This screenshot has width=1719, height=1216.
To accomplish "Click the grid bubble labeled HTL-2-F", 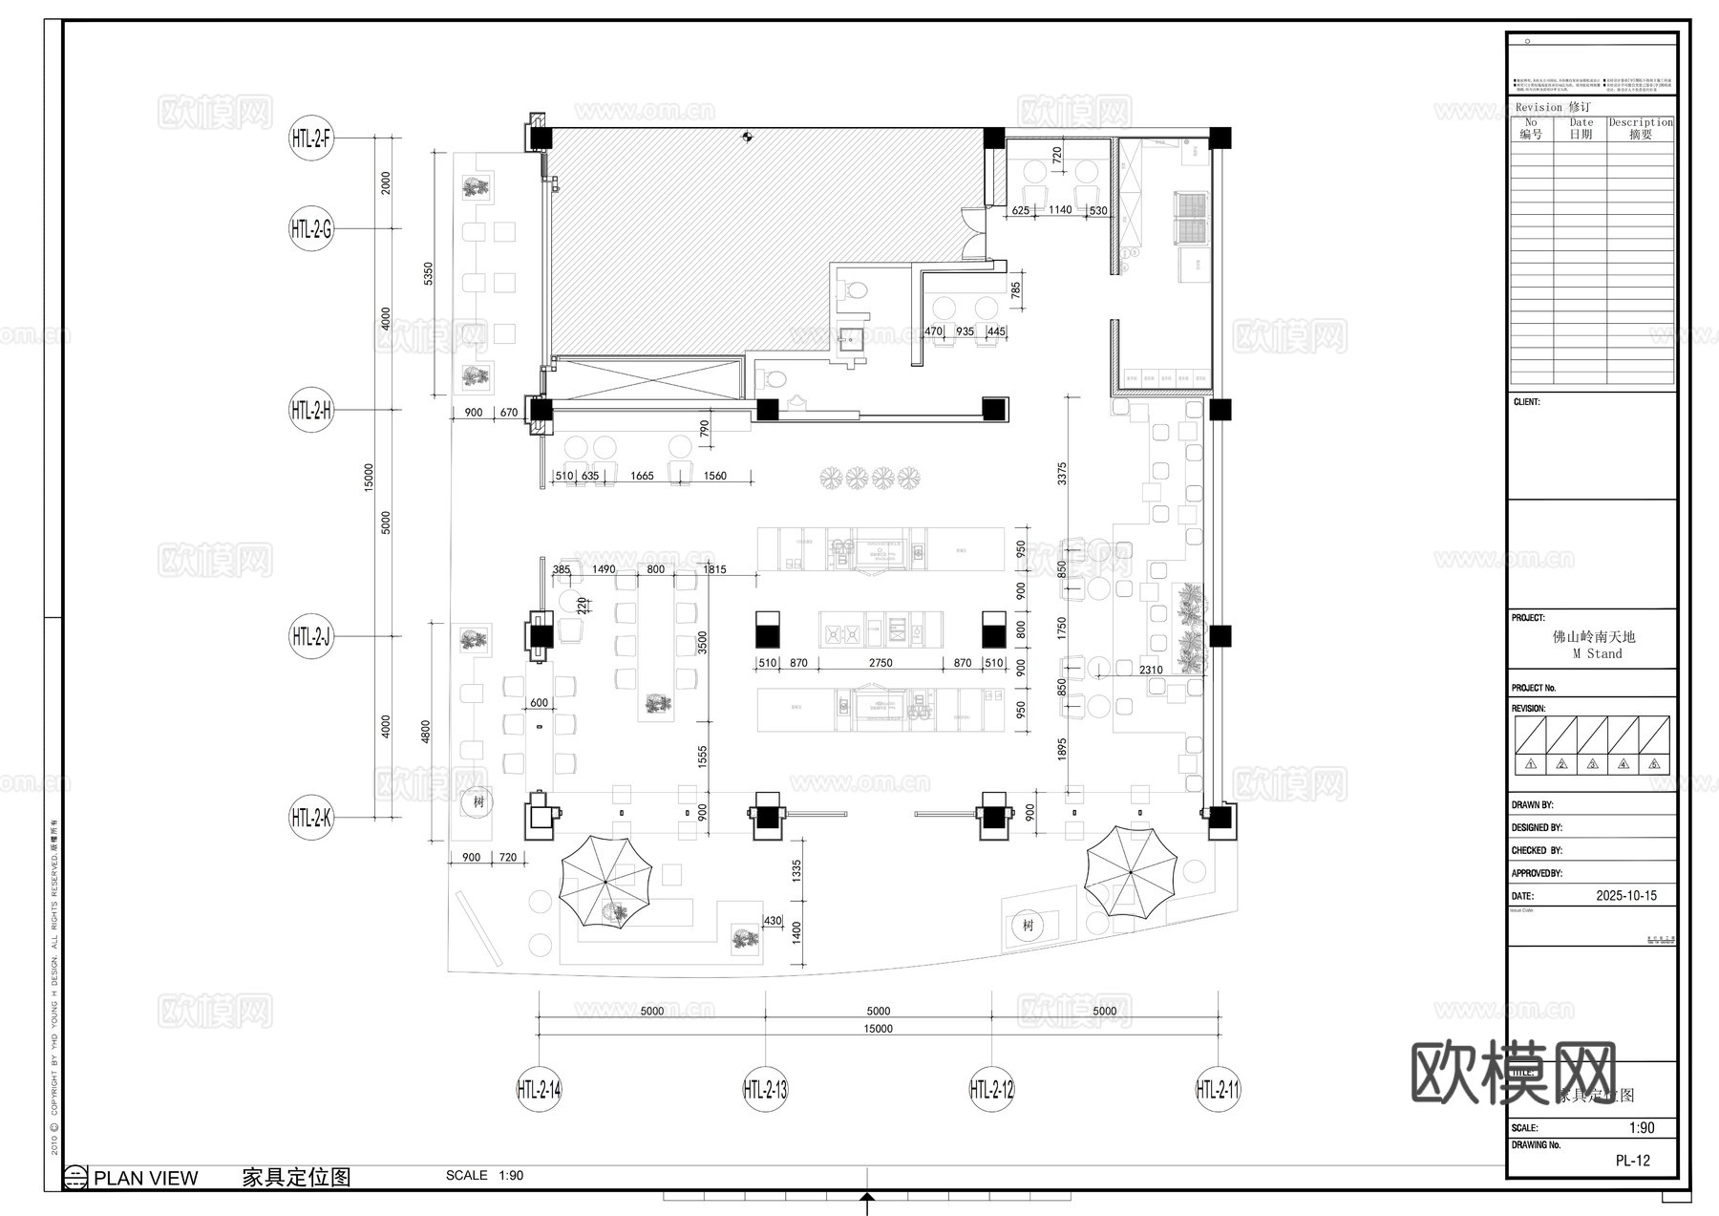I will click(x=311, y=139).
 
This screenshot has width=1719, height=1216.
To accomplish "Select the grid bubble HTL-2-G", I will click(x=311, y=229).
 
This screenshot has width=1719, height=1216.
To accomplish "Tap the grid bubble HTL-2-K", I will click(x=311, y=818).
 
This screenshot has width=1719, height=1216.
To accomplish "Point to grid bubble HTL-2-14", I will click(x=539, y=1089).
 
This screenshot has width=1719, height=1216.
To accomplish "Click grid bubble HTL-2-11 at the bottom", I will click(x=1218, y=1089).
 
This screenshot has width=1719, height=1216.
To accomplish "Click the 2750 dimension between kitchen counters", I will click(x=881, y=662).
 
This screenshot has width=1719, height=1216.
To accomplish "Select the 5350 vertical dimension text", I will click(x=429, y=274).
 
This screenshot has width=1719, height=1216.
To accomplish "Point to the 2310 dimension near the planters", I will click(x=1151, y=670).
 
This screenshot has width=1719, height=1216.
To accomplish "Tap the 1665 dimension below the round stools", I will click(x=643, y=476).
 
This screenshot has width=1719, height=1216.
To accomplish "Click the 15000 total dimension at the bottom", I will click(x=878, y=1029).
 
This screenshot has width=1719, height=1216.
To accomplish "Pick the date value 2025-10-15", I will click(x=1626, y=896).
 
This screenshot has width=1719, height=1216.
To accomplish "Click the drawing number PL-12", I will click(x=1632, y=1161).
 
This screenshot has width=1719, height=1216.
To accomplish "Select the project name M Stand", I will click(x=1597, y=653).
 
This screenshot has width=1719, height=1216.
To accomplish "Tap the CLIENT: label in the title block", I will click(x=1526, y=402).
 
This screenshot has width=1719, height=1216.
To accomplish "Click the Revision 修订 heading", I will click(x=1552, y=107).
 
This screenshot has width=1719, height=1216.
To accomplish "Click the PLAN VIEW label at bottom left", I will click(x=145, y=1178).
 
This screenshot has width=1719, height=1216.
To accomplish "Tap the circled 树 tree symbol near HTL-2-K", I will click(x=477, y=801).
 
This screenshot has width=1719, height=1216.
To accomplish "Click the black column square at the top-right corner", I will click(x=1220, y=138).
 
